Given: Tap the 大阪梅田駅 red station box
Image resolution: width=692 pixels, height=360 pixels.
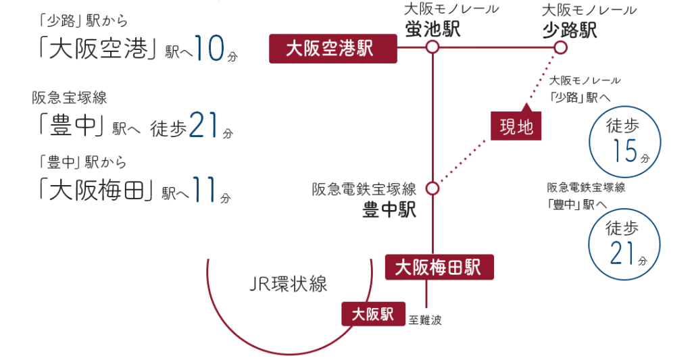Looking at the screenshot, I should click(x=439, y=267).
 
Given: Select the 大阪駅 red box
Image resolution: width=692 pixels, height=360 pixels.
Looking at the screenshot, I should click(x=373, y=315).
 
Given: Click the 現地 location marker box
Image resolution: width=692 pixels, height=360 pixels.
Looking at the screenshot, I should click(x=516, y=126).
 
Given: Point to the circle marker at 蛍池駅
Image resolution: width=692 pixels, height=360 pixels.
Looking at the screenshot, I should click(x=432, y=47).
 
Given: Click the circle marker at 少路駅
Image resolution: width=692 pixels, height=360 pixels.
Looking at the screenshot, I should click(x=560, y=47).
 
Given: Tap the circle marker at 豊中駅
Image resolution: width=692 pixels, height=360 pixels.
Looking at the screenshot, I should click(x=432, y=188).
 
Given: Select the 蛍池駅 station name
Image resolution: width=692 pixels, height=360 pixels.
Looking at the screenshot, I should click(x=433, y=29).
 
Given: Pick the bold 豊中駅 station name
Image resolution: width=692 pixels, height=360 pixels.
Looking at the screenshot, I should click(x=389, y=210).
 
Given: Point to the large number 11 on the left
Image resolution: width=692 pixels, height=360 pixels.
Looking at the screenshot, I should click(x=204, y=190).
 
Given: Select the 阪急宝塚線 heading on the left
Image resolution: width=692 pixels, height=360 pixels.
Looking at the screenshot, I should click(x=70, y=98).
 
